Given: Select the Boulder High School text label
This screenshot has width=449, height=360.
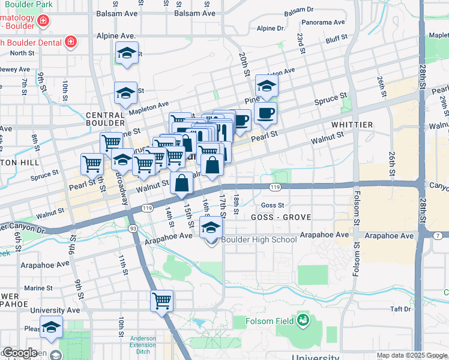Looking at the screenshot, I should click(x=259, y=240).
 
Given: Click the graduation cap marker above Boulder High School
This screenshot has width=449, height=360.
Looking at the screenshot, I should click(x=211, y=227).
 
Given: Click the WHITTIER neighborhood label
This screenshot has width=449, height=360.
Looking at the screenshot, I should click(x=352, y=125).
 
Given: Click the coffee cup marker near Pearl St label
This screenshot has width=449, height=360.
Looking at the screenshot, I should click(x=267, y=113).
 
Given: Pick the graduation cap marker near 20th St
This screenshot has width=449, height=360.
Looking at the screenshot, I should click(x=267, y=85).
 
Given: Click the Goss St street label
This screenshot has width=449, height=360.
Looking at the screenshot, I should click(x=272, y=205).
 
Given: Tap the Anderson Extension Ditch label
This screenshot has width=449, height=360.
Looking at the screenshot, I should click(x=143, y=346).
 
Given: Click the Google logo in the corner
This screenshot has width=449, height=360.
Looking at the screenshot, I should click(x=19, y=353).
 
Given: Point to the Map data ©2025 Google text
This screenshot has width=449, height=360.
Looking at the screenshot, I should click(x=411, y=355).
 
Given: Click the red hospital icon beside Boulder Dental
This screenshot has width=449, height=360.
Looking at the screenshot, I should click(x=70, y=41).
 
